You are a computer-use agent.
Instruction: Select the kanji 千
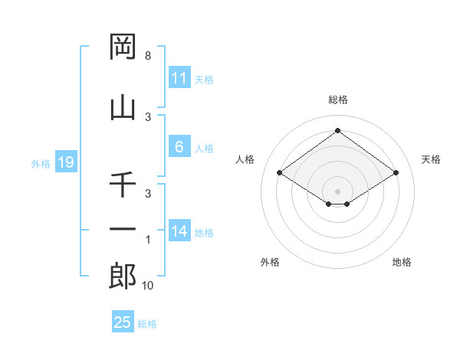pos(123,185)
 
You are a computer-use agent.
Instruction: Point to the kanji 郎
pos(123,277)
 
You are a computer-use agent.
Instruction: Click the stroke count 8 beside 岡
pos(147,56)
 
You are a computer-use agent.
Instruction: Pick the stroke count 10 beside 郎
pos(147,286)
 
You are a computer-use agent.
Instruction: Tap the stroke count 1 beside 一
pos(147,240)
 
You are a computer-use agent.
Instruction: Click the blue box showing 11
pos(179,78)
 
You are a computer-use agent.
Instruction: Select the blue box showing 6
pos(179,147)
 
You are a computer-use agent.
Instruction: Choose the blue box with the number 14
pos(179,231)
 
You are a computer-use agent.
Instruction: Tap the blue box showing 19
pos(65,162)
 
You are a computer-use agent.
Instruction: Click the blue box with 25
pos(122,322)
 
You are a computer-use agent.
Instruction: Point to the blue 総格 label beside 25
pos(147,324)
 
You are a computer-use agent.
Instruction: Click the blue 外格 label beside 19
pos(41,163)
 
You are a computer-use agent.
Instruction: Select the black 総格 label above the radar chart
pos(338,100)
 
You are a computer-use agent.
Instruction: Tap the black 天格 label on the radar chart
pos(432,159)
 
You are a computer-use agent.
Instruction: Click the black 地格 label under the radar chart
pos(402,262)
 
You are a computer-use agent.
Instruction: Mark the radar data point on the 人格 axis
pos(280,173)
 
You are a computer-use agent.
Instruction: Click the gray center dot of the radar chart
pos(338,191)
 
